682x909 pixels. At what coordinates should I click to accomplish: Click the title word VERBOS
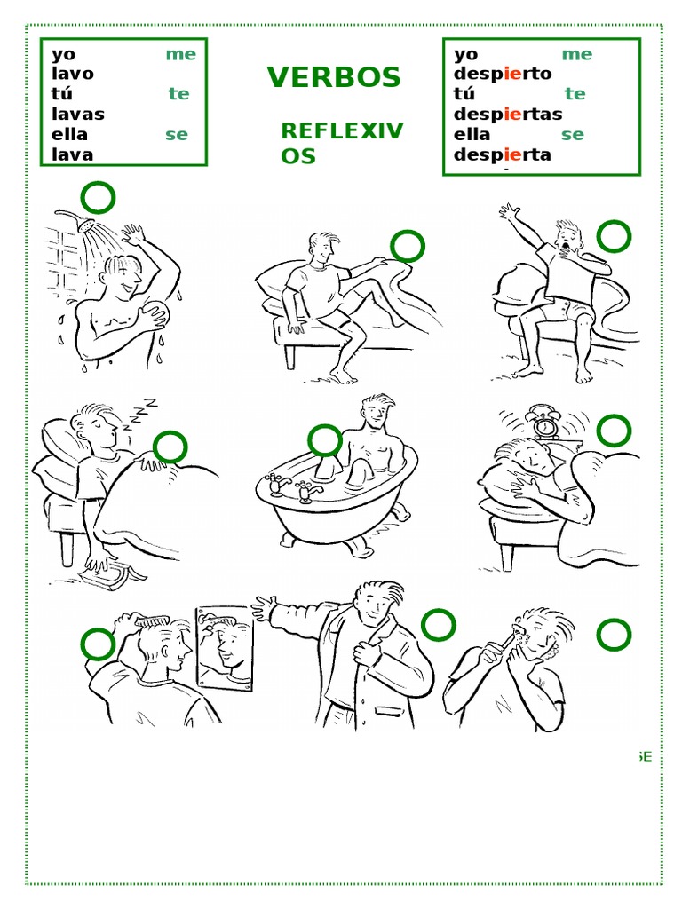pos(334,77)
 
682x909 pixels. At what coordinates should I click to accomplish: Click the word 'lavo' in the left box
pos(73,74)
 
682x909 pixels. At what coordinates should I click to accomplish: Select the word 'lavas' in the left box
pos(78,114)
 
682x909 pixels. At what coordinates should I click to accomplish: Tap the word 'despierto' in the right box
pos(503,74)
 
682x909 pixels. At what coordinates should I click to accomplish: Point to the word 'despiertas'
pos(507,114)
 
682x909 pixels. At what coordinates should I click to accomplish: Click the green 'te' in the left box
pos(178,93)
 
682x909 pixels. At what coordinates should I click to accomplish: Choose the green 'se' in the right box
pos(573,135)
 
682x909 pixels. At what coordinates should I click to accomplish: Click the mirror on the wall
pos(225,648)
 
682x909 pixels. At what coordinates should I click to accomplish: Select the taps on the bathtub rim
pos(290,486)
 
